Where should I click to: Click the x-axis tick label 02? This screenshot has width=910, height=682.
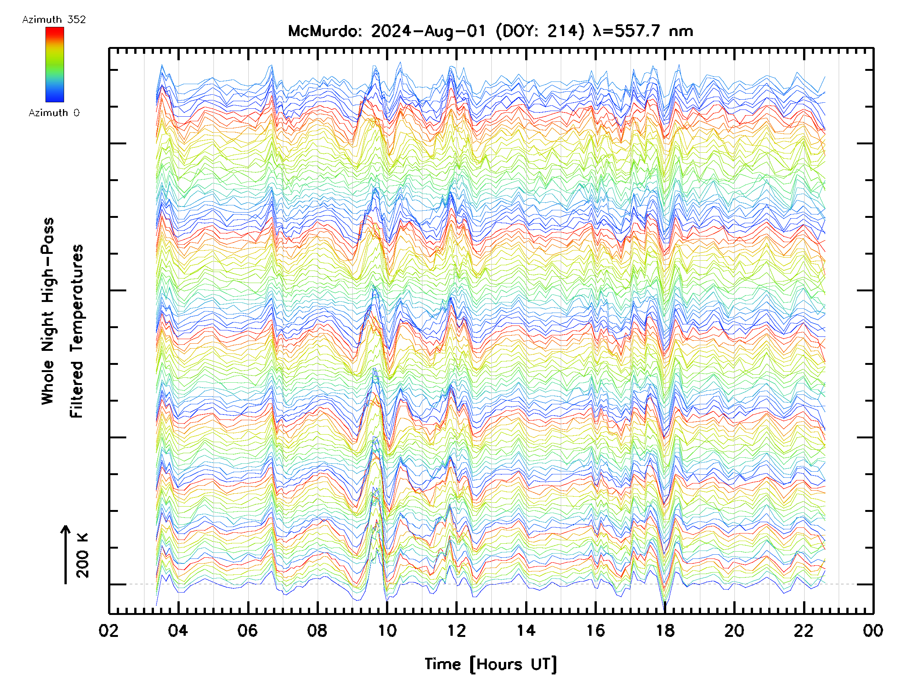108,630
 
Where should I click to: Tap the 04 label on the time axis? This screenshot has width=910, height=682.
178,630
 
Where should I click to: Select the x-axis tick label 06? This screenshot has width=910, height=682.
248,630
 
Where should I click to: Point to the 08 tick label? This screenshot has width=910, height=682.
317,630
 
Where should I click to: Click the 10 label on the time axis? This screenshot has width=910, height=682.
387,630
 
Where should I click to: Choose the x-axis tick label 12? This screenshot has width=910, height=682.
456,630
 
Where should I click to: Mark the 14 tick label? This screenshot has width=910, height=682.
526,630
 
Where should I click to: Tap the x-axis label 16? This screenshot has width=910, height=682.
595,630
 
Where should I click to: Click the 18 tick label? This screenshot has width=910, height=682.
665,630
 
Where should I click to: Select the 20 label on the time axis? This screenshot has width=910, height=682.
734,630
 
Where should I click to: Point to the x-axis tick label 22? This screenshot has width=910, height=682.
804,630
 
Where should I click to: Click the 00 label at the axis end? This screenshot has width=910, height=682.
873,630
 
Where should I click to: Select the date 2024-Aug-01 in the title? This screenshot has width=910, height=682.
428,31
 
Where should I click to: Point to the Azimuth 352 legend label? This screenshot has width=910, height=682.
54,20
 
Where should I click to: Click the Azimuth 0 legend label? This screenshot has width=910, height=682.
54,113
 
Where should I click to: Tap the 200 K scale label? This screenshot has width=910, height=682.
82,555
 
